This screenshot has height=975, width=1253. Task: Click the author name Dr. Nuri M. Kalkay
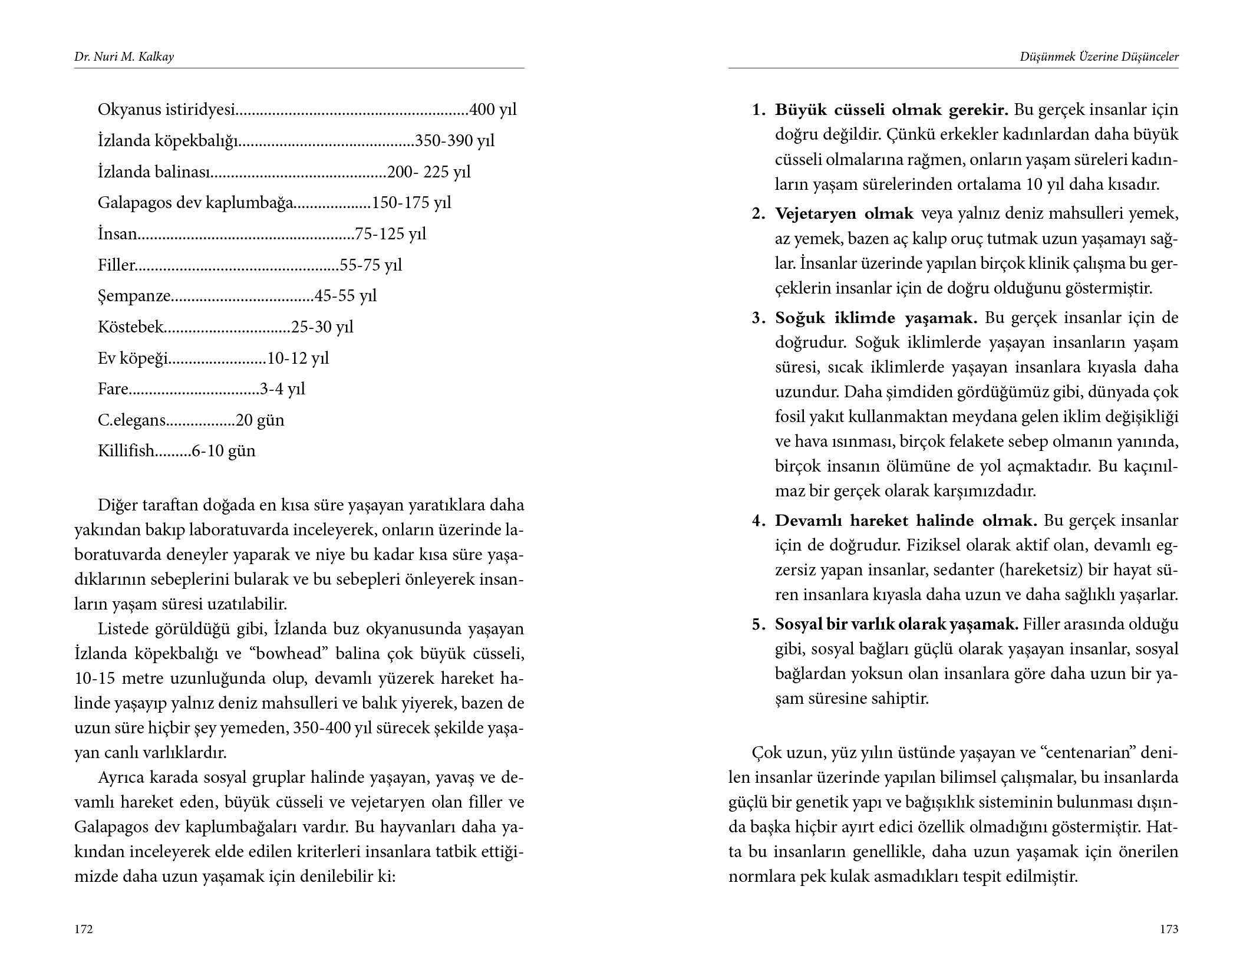click(x=124, y=57)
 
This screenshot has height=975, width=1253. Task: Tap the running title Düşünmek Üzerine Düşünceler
click(x=1099, y=57)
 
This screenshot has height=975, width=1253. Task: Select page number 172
click(x=84, y=929)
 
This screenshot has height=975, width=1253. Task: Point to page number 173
click(x=1169, y=929)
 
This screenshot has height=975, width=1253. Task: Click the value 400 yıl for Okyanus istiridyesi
click(x=493, y=110)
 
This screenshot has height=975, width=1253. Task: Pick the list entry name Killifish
click(x=126, y=451)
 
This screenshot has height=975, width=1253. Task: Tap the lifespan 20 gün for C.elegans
click(x=260, y=420)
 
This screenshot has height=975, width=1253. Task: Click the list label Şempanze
click(x=134, y=296)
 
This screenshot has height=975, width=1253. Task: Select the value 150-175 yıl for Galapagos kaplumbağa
click(x=411, y=203)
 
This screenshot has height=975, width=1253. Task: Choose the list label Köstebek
click(x=130, y=327)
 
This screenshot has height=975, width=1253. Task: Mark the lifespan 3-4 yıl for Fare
click(x=282, y=389)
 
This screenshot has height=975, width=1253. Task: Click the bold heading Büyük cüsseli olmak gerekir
click(x=891, y=110)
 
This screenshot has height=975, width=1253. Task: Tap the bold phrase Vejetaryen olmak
click(x=844, y=213)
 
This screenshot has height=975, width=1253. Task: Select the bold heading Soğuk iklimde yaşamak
click(x=876, y=318)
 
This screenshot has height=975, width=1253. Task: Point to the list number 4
click(x=757, y=521)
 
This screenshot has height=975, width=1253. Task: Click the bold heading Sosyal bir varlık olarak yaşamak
click(x=896, y=624)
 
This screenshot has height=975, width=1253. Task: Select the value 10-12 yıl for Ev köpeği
click(x=298, y=358)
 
